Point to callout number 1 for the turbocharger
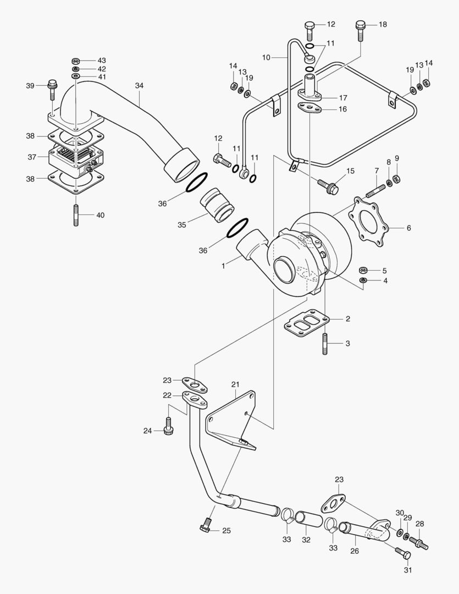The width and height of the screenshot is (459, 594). (224, 265)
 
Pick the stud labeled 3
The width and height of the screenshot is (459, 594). (325, 344)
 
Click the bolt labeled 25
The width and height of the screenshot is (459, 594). (206, 525)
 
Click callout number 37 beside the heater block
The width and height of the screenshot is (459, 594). (32, 157)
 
